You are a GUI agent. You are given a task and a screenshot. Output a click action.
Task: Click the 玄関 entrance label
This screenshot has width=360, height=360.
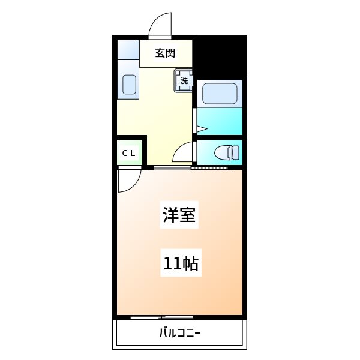[x=166, y=53]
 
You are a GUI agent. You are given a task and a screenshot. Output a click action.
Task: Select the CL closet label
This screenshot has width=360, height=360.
[x=130, y=153]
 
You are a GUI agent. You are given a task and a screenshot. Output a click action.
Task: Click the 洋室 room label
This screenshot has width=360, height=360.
[x=179, y=215]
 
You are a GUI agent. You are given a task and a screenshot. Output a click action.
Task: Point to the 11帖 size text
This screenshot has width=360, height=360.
[x=181, y=263]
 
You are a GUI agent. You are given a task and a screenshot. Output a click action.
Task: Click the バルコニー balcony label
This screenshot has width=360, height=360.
[x=180, y=333]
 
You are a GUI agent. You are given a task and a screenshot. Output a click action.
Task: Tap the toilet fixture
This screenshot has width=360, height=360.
[x=224, y=152]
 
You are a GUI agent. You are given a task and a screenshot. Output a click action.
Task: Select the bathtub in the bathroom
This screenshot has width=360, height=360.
[x=220, y=93]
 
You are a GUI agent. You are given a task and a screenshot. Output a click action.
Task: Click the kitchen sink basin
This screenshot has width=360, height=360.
[x=130, y=85]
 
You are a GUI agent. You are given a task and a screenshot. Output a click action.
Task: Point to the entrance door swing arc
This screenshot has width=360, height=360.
[x=158, y=25]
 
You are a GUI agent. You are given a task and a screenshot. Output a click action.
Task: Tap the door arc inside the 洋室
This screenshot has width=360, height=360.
[x=128, y=181]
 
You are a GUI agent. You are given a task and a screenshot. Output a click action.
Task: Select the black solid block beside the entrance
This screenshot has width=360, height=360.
[x=220, y=56]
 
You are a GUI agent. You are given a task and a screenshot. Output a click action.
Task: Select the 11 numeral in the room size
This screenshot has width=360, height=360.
[x=171, y=263]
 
